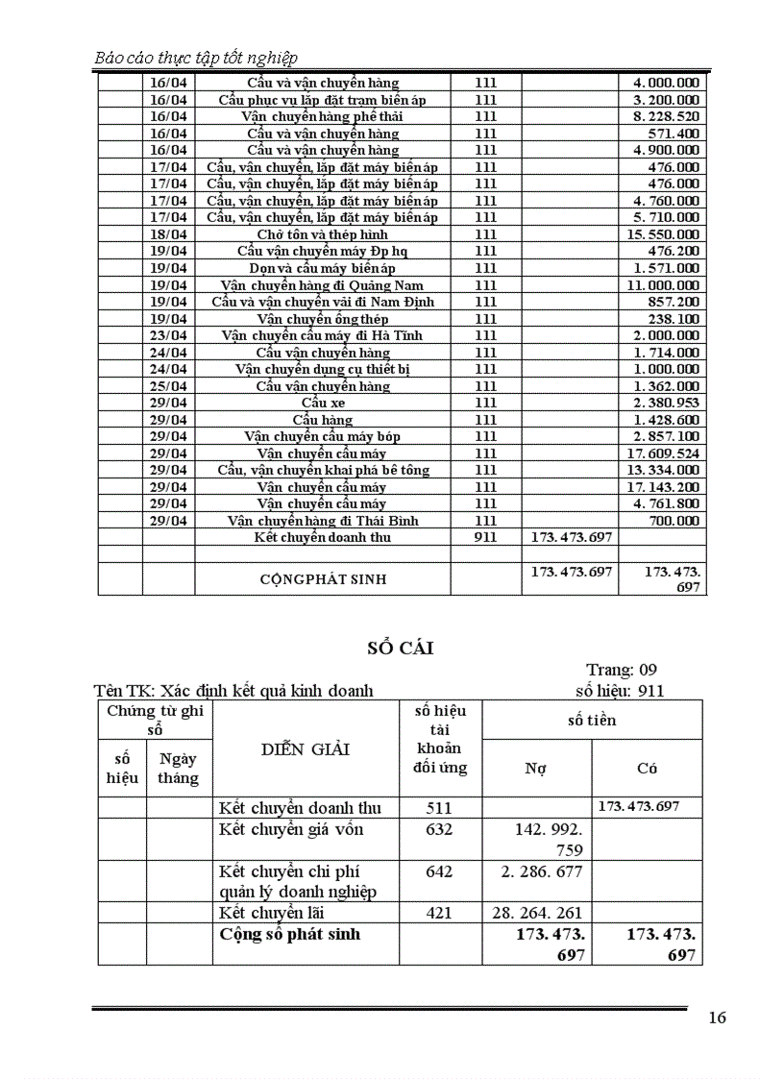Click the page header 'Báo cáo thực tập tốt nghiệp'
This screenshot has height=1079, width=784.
tap(196, 58)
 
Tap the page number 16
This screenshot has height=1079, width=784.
tap(717, 1018)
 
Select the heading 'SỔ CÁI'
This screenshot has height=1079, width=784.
tap(401, 649)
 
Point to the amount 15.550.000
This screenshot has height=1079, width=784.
tap(663, 234)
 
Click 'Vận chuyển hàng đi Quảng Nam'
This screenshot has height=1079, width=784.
tap(323, 285)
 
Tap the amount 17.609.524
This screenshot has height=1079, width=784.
tap(663, 454)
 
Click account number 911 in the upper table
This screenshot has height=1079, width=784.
tap(485, 537)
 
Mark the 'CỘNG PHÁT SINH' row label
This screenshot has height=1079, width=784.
tap(324, 579)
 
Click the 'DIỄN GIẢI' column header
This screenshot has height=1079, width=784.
tap(306, 749)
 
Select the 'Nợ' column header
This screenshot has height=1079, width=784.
tap(536, 769)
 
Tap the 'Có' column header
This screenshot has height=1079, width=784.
tap(648, 769)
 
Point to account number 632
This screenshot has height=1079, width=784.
tap(438, 829)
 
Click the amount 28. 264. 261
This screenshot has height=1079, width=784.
tap(536, 913)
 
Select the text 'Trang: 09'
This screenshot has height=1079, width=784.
tap(622, 670)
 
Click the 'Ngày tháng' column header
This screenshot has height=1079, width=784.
tap(179, 769)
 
